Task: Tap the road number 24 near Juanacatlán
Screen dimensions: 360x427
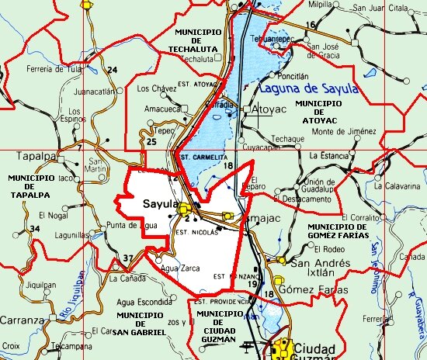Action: (112, 71)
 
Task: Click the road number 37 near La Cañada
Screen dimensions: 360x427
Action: (128, 258)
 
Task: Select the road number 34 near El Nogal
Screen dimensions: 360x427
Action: (34, 229)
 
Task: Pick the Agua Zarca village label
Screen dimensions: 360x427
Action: (181, 268)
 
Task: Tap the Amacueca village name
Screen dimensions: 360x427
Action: (163, 109)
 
